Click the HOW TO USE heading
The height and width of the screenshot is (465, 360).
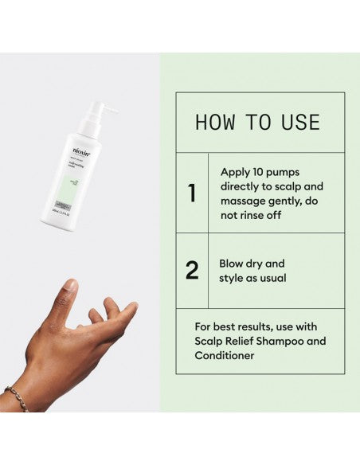257,122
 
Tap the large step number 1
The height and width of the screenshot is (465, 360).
191,193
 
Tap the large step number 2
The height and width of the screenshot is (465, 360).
191,271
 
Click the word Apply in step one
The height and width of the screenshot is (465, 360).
236,171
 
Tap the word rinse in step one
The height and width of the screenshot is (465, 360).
255,214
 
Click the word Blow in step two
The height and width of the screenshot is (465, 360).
233,264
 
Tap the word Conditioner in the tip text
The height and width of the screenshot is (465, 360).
225,356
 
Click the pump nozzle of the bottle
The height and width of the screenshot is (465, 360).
110,108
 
